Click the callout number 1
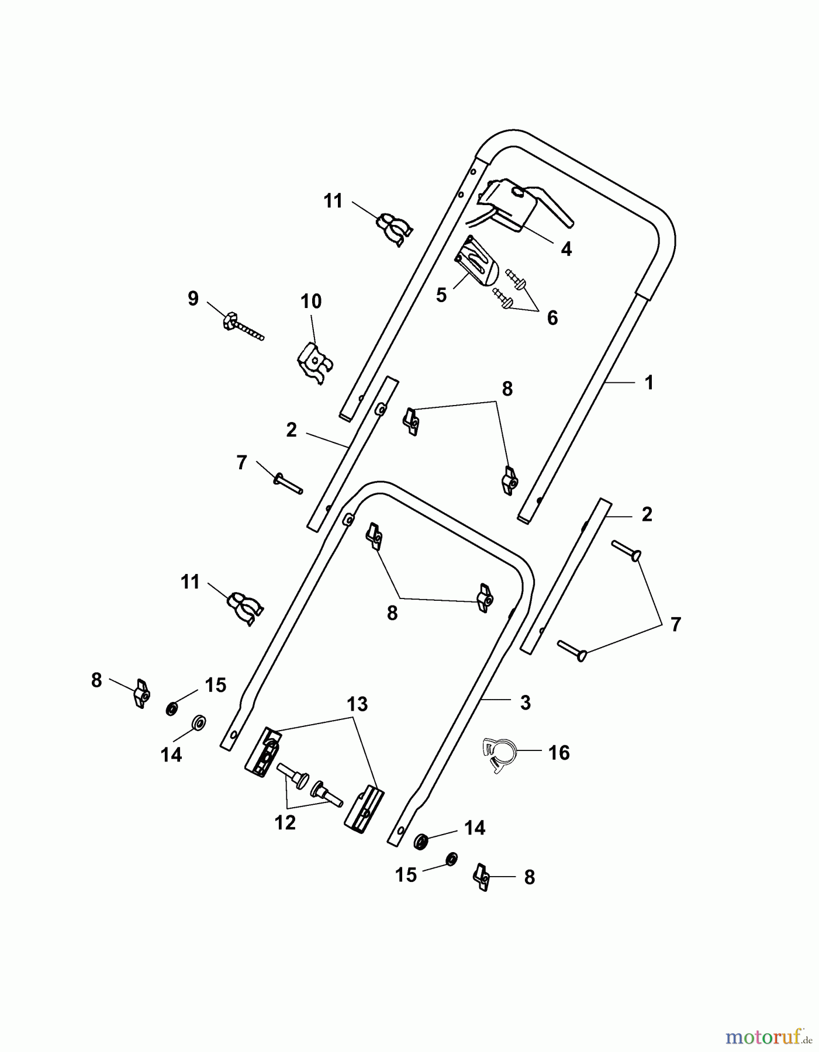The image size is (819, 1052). point(648,383)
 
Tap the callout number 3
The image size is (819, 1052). point(525,703)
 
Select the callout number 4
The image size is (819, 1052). point(566,250)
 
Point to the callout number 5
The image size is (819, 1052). point(441,295)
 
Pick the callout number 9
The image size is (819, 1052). point(193,299)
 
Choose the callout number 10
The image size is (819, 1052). point(311,302)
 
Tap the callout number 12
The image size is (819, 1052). point(285,823)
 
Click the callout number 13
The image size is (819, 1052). point(357,704)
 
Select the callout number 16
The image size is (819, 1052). point(559,753)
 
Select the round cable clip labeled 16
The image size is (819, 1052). point(498,755)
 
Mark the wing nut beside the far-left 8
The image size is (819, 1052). point(141,694)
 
